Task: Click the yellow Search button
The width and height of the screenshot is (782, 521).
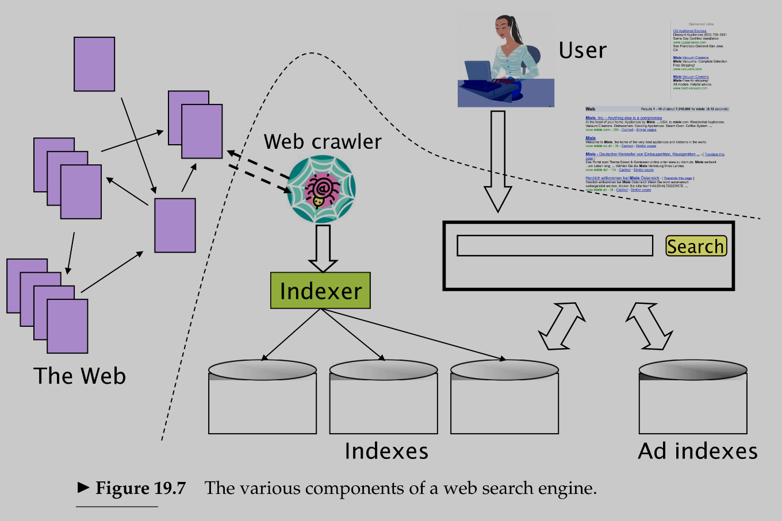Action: click(696, 246)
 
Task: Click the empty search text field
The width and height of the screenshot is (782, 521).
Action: click(554, 246)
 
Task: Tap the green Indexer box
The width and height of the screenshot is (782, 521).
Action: click(320, 291)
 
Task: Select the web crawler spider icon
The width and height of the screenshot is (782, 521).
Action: click(321, 190)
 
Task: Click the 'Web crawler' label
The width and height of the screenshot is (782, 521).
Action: click(323, 142)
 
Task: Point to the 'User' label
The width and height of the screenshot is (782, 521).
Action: click(582, 51)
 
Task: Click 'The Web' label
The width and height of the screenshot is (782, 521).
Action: click(79, 376)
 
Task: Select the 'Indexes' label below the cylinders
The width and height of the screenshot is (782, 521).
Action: click(386, 451)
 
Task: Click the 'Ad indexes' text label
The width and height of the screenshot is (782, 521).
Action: click(697, 451)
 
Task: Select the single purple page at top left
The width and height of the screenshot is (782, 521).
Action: click(94, 64)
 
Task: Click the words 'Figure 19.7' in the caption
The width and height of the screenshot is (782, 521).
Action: click(140, 488)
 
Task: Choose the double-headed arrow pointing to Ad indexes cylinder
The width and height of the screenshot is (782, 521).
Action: click(649, 326)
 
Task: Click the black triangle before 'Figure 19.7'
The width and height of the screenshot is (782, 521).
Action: click(83, 488)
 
